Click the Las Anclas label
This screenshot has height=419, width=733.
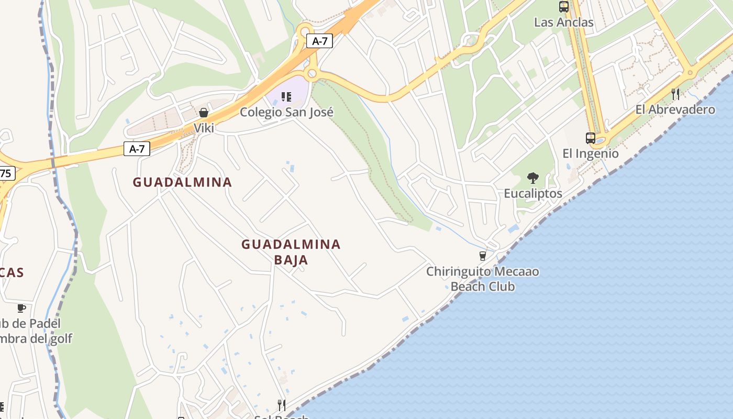click(x=564, y=22)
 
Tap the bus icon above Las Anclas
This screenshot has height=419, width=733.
click(x=564, y=7)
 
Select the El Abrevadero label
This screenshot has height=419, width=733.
click(x=675, y=109)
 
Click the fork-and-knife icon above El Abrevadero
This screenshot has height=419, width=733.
click(x=675, y=94)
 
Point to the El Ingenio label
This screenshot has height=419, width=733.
click(x=591, y=153)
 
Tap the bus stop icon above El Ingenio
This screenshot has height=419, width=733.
click(x=591, y=138)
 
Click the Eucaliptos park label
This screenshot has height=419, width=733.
click(x=533, y=193)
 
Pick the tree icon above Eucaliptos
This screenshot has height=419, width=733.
click(x=533, y=178)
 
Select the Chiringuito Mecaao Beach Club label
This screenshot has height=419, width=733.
click(x=482, y=279)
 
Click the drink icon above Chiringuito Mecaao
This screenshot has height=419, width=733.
click(x=483, y=256)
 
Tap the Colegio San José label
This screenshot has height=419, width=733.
click(x=286, y=112)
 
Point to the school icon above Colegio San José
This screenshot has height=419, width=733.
click(x=286, y=97)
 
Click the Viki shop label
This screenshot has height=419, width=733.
click(x=204, y=128)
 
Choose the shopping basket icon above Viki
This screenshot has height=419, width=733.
click(x=204, y=113)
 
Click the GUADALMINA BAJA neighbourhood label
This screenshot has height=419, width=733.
click(x=291, y=252)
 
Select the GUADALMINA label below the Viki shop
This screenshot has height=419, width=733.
click(x=182, y=182)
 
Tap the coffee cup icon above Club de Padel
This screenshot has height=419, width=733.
click(x=21, y=308)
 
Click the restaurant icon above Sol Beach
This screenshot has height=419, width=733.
click(x=282, y=405)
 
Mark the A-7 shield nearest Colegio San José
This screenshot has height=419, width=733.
click(x=319, y=41)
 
